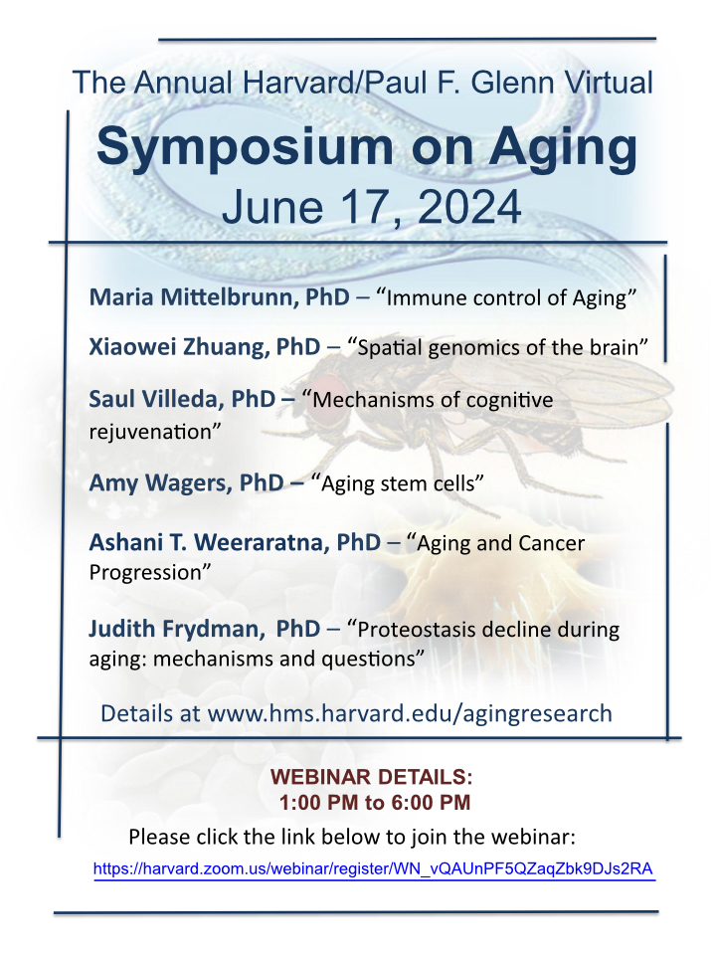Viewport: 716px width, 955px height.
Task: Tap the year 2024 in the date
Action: click(469, 208)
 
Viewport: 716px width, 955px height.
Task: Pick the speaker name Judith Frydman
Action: click(177, 629)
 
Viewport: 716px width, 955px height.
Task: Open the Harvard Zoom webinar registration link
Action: click(373, 868)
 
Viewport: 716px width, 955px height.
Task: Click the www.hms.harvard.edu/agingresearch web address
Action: click(410, 713)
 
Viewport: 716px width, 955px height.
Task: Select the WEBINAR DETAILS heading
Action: click(371, 777)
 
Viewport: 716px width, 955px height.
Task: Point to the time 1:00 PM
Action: click(319, 802)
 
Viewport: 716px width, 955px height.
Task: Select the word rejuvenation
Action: click(150, 432)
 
